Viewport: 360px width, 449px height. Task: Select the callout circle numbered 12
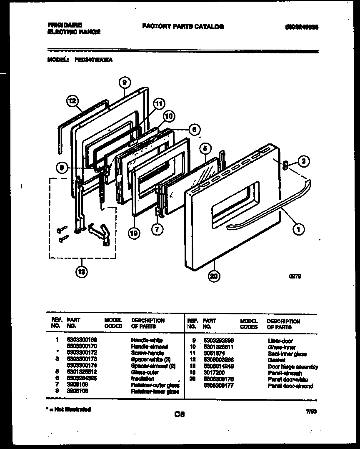pyautogui.click(x=72, y=100)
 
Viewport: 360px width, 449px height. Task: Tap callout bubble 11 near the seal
pyautogui.click(x=159, y=104)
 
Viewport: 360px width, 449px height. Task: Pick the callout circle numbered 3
pyautogui.click(x=304, y=162)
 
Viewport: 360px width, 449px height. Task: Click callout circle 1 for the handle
pyautogui.click(x=298, y=228)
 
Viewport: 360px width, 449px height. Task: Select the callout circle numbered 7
pyautogui.click(x=157, y=229)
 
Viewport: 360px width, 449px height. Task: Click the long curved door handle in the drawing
pyautogui.click(x=267, y=206)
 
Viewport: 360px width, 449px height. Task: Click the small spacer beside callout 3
pyautogui.click(x=286, y=166)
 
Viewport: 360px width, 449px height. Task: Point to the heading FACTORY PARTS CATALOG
pyautogui.click(x=183, y=27)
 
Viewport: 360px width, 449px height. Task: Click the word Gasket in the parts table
pyautogui.click(x=277, y=360)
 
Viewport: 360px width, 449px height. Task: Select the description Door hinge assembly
pyautogui.click(x=292, y=367)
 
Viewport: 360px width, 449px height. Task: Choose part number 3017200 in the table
pyautogui.click(x=213, y=373)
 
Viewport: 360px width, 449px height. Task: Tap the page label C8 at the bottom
pyautogui.click(x=180, y=414)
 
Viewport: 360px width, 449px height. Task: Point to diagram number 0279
pyautogui.click(x=295, y=276)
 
